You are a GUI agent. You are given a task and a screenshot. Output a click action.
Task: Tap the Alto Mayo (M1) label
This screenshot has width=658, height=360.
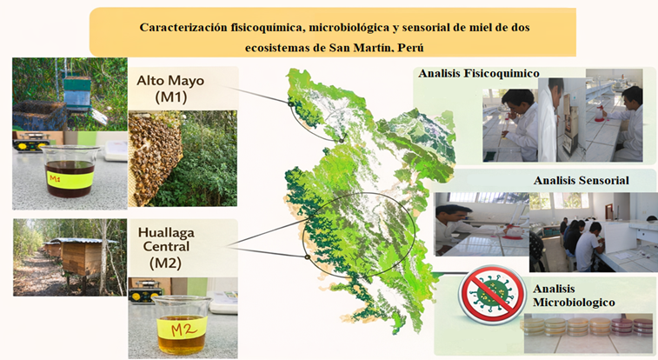[x=170, y=89]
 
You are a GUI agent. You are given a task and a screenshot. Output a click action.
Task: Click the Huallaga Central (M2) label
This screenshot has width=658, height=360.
[x=166, y=247]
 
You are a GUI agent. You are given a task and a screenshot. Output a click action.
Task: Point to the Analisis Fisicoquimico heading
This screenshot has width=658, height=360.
[x=479, y=73]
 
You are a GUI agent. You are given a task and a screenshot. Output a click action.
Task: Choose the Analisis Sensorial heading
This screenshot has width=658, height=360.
[x=582, y=180]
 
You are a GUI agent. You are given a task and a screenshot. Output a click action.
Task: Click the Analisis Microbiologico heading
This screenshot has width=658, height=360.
[x=574, y=296]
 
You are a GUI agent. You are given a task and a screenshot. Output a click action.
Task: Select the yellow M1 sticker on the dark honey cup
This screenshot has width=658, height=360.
[x=70, y=180]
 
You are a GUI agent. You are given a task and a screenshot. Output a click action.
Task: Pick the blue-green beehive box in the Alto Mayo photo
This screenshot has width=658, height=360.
[x=76, y=93]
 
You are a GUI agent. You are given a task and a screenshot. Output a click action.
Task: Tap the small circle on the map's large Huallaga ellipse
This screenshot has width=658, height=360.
[x=307, y=257]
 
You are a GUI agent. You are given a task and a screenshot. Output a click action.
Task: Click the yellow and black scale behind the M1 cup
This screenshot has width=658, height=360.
[x=30, y=143]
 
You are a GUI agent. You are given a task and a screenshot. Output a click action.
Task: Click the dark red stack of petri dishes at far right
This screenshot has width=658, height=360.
[x=633, y=327]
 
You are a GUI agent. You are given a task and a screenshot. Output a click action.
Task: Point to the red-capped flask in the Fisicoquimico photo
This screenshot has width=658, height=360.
[x=600, y=112]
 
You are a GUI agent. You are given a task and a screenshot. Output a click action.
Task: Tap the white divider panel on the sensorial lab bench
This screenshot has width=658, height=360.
[x=616, y=237]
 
